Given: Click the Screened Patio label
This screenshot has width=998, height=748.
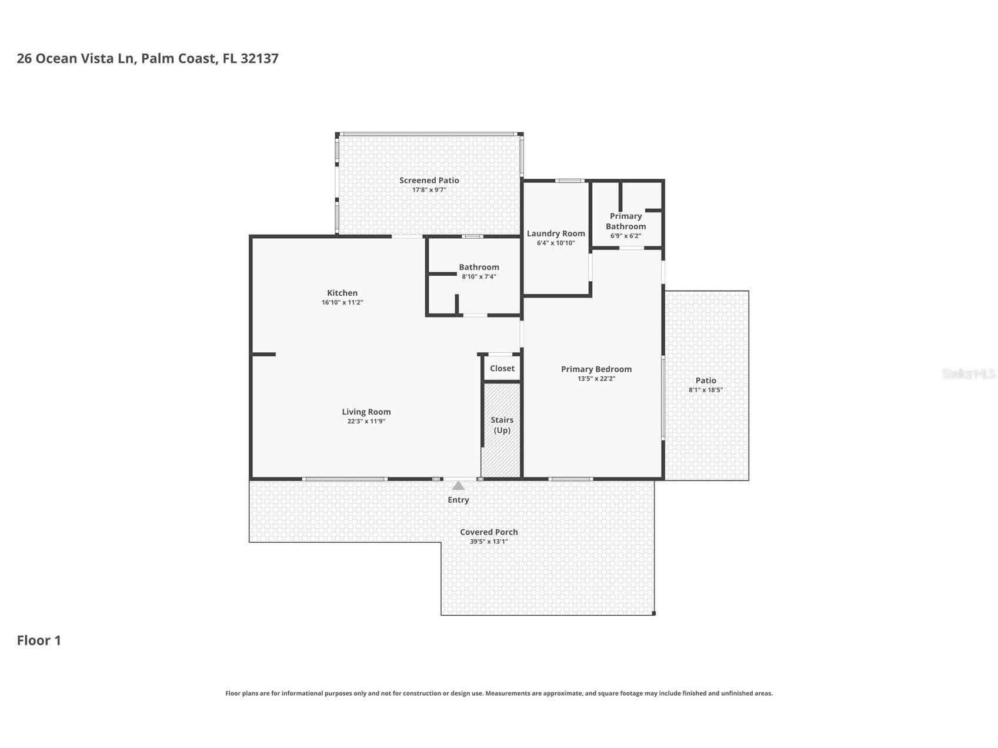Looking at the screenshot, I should click(x=429, y=181).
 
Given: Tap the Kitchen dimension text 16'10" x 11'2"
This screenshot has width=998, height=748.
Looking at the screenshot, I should click(x=342, y=303).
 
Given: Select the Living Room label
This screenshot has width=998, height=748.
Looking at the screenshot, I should click(x=366, y=412).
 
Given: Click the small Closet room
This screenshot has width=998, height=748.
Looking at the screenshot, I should click(x=502, y=369).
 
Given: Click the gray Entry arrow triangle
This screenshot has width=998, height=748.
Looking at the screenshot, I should click(x=458, y=486).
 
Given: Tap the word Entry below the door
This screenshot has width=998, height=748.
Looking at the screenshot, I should click(x=458, y=500).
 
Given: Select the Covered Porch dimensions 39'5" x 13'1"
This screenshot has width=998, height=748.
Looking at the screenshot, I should click(x=489, y=542).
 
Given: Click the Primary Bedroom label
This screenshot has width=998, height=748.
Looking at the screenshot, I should click(x=596, y=369).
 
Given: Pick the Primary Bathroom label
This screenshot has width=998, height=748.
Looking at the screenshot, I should click(x=626, y=221).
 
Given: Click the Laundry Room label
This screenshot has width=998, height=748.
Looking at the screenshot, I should click(x=555, y=233).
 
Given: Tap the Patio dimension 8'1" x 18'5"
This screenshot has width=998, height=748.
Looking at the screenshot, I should click(x=705, y=390).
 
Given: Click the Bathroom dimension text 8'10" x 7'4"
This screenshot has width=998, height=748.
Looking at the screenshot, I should click(x=479, y=276).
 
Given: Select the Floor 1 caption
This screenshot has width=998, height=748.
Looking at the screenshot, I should click(x=39, y=640).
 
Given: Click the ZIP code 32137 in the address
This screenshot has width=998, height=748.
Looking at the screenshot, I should click(x=259, y=58).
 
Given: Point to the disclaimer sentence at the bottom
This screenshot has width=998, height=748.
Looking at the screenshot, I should click(x=499, y=693).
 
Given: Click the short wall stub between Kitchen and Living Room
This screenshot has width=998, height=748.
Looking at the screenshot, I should click(x=264, y=354).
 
